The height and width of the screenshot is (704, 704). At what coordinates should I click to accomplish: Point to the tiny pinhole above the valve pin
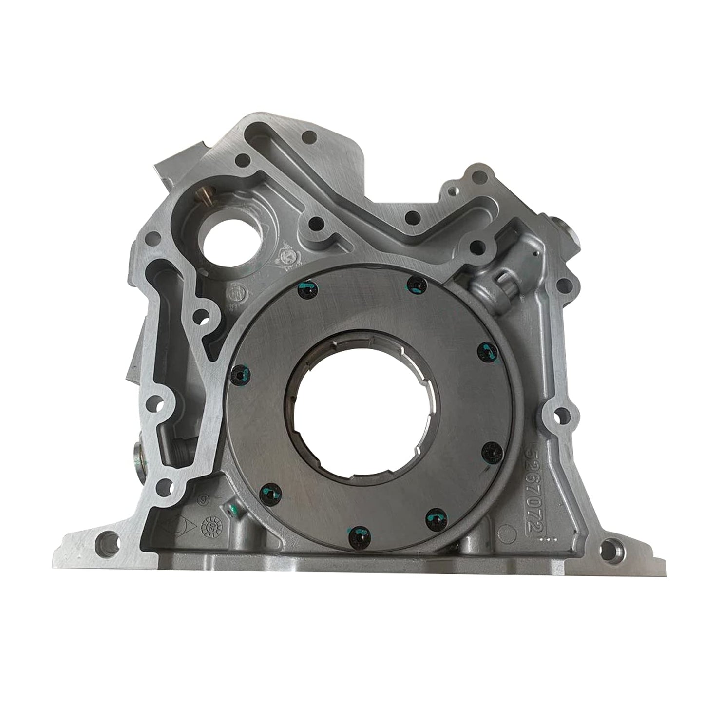pos(535,252)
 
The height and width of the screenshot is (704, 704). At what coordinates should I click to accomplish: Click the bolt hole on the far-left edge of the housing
pos(155,238)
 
